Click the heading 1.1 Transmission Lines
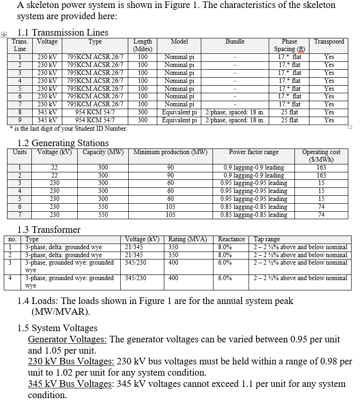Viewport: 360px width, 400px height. pyautogui.click(x=62, y=32)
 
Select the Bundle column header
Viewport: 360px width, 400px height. pyautogui.click(x=235, y=42)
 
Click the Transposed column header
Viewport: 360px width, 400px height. pyautogui.click(x=329, y=42)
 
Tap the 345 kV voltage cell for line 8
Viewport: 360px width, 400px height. pyautogui.click(x=47, y=112)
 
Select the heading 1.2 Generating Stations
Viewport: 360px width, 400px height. pyautogui.click(x=63, y=143)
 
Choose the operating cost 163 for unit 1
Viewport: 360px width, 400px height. pyautogui.click(x=321, y=168)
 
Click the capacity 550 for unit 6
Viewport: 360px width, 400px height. pyautogui.click(x=103, y=207)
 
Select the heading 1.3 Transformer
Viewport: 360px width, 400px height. pyautogui.click(x=49, y=230)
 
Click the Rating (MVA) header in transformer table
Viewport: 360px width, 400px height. pyautogui.click(x=187, y=239)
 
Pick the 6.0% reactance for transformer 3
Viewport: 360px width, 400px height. pyautogui.click(x=225, y=263)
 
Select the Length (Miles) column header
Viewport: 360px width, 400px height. pyautogui.click(x=142, y=45)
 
